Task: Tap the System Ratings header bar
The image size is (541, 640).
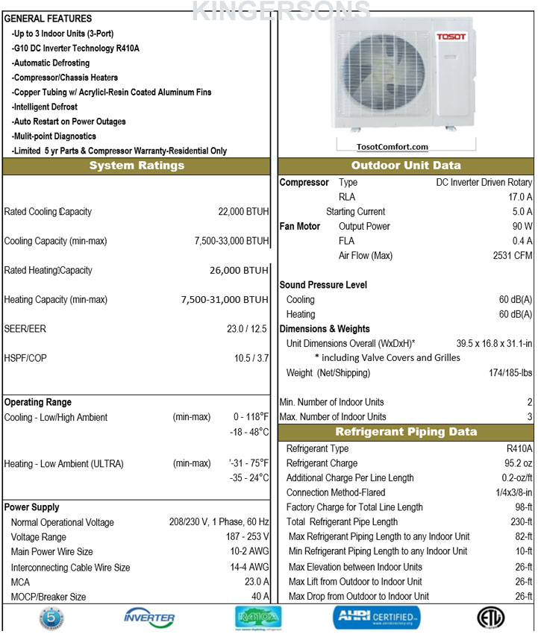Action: (137, 166)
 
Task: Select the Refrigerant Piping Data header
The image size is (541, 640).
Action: (406, 432)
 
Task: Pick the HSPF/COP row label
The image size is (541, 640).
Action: (25, 358)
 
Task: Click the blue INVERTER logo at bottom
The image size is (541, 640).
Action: (149, 618)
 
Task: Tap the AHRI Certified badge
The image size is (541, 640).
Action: (376, 618)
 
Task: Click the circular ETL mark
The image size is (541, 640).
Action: (490, 618)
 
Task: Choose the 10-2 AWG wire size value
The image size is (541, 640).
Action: (250, 552)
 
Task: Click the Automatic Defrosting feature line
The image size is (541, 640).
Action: (51, 63)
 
